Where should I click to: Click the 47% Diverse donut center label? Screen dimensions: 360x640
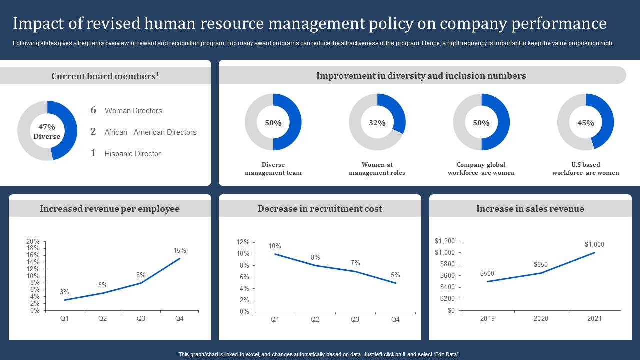click(47, 131)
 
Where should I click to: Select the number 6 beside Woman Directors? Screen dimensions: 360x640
click(93, 110)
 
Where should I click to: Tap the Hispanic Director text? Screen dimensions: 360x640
click(132, 154)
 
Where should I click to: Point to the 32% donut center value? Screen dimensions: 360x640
click(377, 123)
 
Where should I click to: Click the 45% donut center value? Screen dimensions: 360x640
click(586, 123)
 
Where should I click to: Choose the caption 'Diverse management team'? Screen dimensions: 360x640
click(273, 169)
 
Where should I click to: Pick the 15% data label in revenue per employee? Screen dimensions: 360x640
click(180, 251)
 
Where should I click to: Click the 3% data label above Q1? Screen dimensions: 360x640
click(64, 292)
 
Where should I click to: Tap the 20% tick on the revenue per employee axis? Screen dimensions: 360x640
click(33, 241)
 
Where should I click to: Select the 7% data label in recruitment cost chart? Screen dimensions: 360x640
click(355, 263)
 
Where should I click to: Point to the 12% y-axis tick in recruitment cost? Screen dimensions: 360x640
click(243, 242)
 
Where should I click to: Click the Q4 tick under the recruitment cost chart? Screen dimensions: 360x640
click(395, 320)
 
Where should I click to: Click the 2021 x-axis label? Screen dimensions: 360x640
click(594, 319)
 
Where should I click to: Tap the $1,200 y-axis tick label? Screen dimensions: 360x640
click(445, 241)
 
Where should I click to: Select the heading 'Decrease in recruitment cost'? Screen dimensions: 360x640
click(320, 209)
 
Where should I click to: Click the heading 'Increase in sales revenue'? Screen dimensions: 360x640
click(530, 209)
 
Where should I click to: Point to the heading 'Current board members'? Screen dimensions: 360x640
click(105, 76)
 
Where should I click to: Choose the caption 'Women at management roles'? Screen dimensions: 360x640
click(377, 169)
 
